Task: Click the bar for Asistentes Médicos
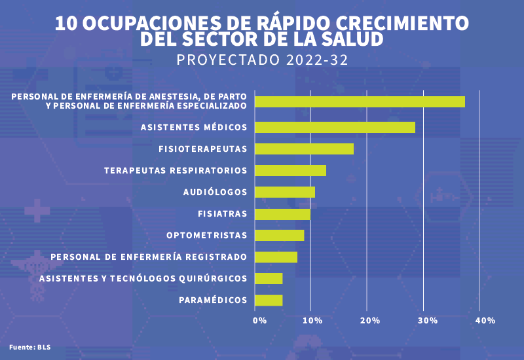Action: pos(335,127)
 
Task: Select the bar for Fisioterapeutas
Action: pos(304,149)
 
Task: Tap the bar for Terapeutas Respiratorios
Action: pos(290,170)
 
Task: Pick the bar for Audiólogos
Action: pos(284,192)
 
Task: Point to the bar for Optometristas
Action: pos(279,235)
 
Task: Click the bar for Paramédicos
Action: pos(269,300)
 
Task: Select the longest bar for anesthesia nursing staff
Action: pos(360,101)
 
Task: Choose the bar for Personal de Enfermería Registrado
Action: pos(276,257)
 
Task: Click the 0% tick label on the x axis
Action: pos(260,321)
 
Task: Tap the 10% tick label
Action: pos(312,321)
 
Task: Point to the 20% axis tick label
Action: pos(370,321)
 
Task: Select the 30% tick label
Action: pos(428,321)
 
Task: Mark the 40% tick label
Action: pos(485,321)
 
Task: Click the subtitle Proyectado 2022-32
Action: pos(262,60)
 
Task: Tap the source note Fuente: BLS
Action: pos(29,346)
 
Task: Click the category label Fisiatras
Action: pos(222,213)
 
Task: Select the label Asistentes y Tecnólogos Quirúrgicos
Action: pos(143,278)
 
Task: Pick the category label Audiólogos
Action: pos(215,192)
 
